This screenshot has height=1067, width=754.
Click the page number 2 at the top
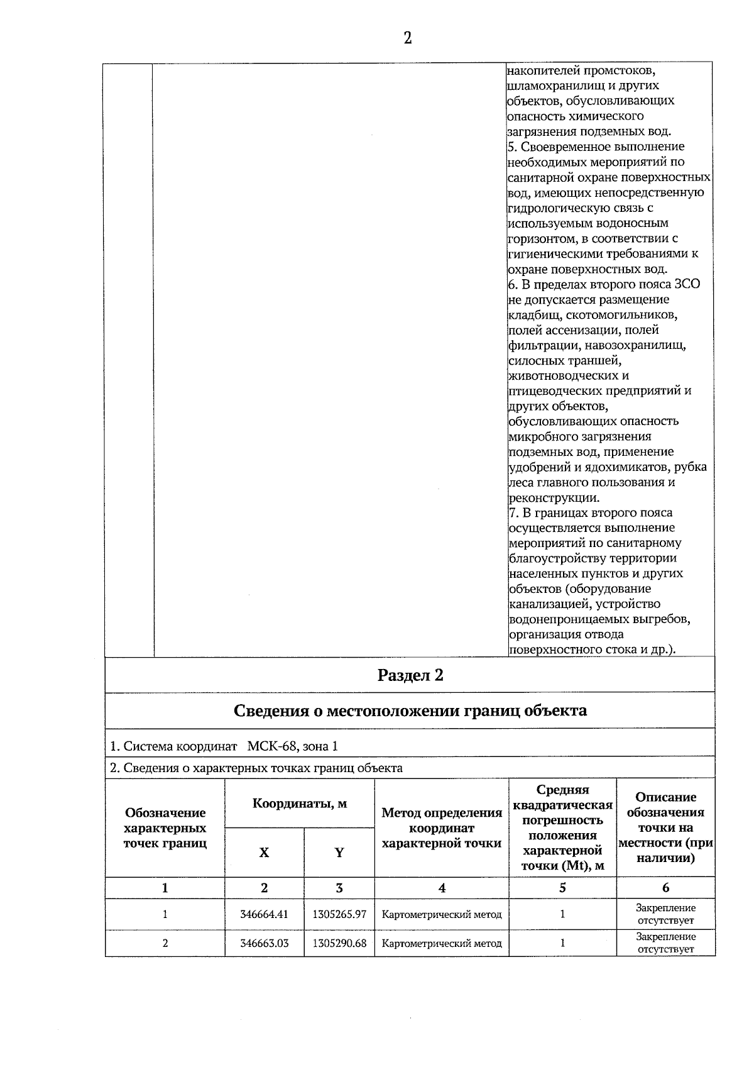pos(408,38)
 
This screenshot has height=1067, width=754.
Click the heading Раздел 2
pos(410,675)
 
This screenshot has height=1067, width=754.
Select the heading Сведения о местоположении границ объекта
pos(410,710)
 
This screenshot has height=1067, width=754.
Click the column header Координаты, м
pos(300,804)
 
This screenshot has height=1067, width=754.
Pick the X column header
pos(264,853)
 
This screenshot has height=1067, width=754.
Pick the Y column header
pos(339,853)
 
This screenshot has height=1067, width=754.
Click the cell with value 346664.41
pos(264,914)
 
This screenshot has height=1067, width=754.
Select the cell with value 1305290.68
pos(339,943)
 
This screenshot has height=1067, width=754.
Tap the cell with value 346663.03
pos(264,943)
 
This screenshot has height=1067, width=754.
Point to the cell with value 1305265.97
pos(339,914)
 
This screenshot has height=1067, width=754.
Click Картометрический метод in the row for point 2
pos(442,943)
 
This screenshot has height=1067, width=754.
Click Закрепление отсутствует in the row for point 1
pos(665,914)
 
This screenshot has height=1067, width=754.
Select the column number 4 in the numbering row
pos(442,888)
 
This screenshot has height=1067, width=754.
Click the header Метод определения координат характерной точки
pos(442,828)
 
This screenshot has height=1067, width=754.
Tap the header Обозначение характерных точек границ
pos(165,828)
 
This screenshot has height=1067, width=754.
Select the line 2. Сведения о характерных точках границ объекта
pos(256,768)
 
